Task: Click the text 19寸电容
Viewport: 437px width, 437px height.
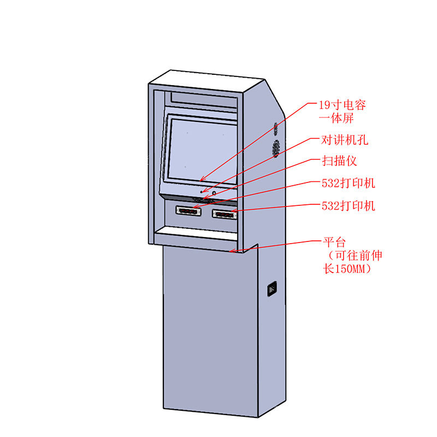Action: point(342,105)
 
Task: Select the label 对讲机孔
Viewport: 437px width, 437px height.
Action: point(344,140)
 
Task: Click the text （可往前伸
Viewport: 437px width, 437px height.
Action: point(350,256)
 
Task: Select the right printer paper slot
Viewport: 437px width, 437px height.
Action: point(225,214)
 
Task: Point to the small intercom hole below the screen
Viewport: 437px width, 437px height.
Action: point(202,192)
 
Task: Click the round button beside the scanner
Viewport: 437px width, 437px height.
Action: point(214,193)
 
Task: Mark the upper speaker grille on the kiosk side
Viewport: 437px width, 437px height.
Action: point(276,129)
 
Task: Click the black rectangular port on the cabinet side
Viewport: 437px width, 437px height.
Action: point(271,288)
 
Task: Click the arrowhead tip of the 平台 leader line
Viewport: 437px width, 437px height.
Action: point(232,252)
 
